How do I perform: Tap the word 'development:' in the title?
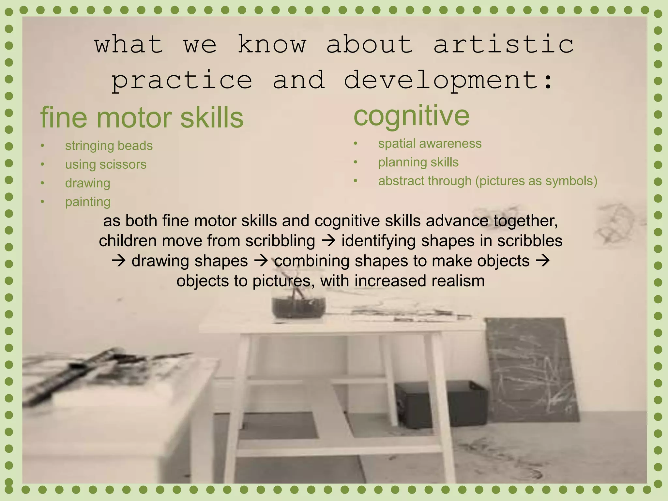click(x=449, y=80)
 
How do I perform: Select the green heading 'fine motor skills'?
click(x=142, y=118)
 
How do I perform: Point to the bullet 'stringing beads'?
click(x=109, y=146)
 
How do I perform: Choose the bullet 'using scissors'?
click(x=106, y=164)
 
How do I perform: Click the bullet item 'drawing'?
click(x=87, y=183)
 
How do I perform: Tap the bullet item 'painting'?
click(x=88, y=202)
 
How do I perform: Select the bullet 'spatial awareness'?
click(x=430, y=144)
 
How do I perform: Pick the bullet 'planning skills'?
click(x=418, y=162)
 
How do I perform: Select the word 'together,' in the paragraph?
click(x=525, y=221)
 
